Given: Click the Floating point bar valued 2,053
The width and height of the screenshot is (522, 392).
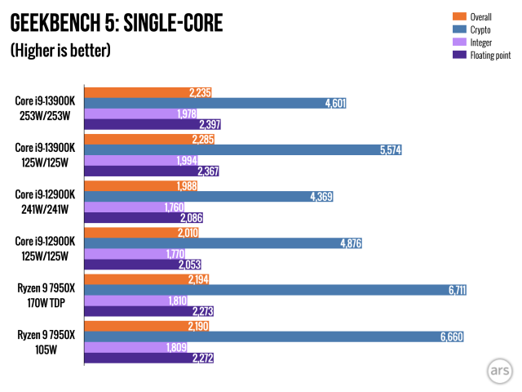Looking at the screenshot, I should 144,265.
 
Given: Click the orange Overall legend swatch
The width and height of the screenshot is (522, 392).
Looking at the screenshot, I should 457,16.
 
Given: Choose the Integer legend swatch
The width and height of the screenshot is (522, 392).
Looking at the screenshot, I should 457,42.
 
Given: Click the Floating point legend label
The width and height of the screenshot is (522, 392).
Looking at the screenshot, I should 489,55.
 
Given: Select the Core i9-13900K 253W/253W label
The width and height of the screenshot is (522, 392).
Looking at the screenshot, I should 46,109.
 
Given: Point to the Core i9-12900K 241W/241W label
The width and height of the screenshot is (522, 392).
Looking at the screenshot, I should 46,203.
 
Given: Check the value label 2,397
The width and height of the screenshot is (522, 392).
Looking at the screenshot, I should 209,125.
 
